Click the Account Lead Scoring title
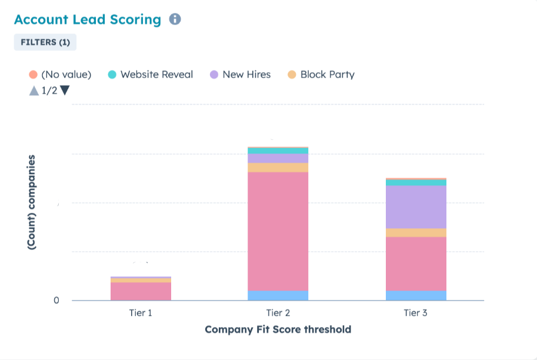tap(87, 19)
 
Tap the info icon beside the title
tap(175, 19)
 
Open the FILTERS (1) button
tap(45, 42)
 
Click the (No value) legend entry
tap(60, 75)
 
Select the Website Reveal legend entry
tap(151, 75)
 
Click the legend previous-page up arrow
tap(34, 91)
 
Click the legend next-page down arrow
tap(65, 91)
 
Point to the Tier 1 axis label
tap(141, 313)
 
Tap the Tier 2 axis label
tap(278, 313)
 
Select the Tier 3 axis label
tap(415, 313)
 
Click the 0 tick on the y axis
tap(56, 301)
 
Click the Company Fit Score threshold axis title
tap(278, 329)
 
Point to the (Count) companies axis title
tap(32, 203)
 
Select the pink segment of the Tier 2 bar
tap(278, 231)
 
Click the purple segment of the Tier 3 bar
tap(415, 207)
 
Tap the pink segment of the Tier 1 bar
tap(141, 291)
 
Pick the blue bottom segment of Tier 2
tap(278, 295)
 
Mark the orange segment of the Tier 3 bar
tap(415, 233)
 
